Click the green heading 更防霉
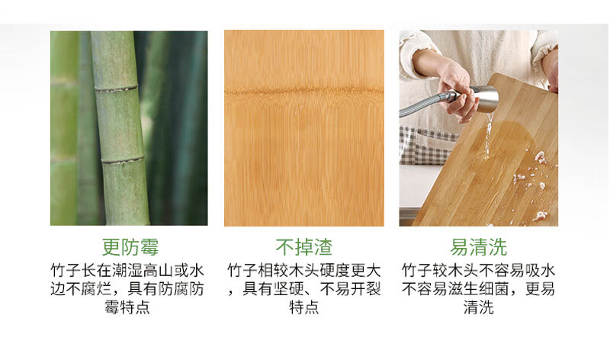(x=130, y=247)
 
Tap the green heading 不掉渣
(x=303, y=247)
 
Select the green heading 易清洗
(x=479, y=247)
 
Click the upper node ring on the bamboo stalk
(x=117, y=88)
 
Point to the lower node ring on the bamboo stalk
(x=123, y=160)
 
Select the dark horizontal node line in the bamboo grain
(x=303, y=92)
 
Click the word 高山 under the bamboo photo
(x=158, y=270)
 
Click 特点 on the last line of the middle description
(x=303, y=307)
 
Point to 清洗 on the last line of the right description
(x=479, y=307)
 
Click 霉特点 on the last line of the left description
(x=127, y=307)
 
